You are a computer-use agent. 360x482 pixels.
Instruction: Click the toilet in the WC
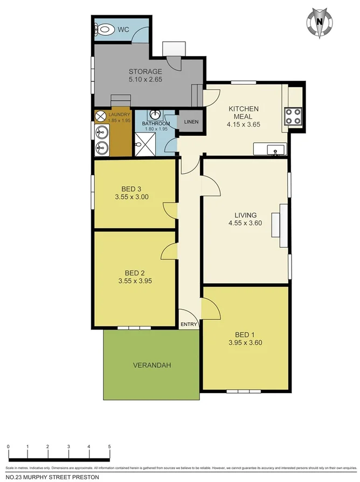pos(105,30)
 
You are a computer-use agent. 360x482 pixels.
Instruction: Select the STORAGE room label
pos(145,71)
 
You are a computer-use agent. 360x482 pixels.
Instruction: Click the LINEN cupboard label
pos(191,122)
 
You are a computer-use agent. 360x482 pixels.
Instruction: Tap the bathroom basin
pos(155,115)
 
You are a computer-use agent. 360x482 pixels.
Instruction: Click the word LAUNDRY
pos(119,114)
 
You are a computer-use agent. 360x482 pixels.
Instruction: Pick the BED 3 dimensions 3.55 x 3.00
pos(131,197)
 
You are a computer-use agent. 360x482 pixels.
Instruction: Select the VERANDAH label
pos(152,365)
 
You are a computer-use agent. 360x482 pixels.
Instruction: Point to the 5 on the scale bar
pos(109,446)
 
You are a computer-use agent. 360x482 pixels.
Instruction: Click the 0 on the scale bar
pos(9,446)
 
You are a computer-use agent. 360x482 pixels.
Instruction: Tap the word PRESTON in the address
pos(86,477)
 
